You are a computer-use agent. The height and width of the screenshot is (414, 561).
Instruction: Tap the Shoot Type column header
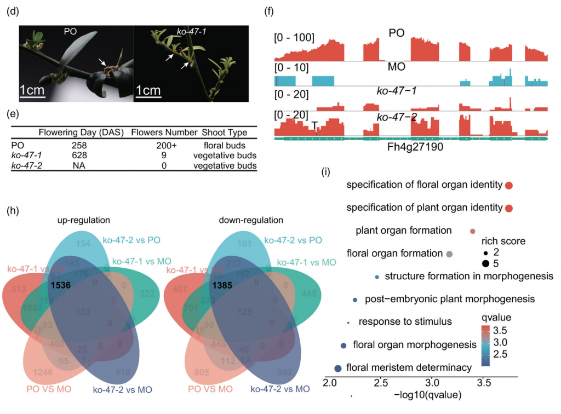point(224,132)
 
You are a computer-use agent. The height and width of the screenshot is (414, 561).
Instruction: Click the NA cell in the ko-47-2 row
point(79,166)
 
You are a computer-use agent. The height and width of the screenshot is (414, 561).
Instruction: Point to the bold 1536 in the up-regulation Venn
point(61,285)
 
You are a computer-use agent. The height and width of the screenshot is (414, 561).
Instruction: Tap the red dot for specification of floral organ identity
point(509,186)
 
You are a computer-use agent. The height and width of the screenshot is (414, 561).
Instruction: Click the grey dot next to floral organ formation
point(450,254)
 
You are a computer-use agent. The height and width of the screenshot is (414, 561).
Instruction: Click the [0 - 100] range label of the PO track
point(294,38)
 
